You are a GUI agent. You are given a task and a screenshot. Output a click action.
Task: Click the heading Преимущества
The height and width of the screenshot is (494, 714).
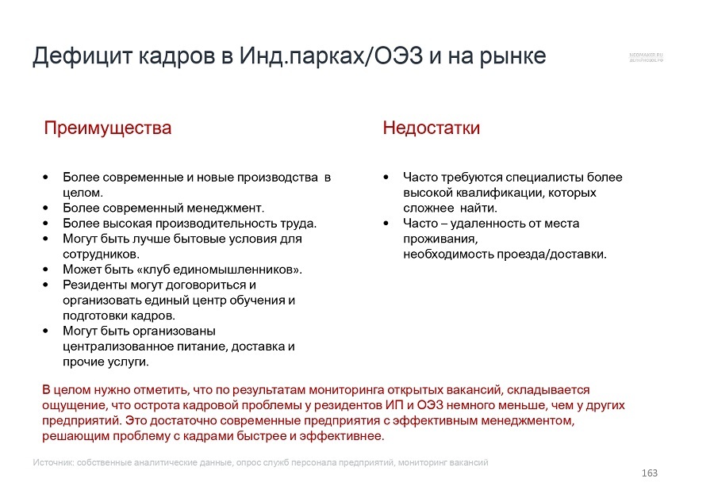pyautogui.click(x=107, y=128)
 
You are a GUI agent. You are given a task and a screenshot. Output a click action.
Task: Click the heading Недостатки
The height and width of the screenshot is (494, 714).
pyautogui.click(x=431, y=128)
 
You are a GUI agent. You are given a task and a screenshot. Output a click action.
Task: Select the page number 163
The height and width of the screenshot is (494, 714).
pyautogui.click(x=650, y=473)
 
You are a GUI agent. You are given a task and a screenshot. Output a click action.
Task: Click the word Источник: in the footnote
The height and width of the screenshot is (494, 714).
pyautogui.click(x=55, y=462)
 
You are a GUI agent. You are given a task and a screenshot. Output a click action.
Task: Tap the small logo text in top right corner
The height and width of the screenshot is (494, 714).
pyautogui.click(x=646, y=58)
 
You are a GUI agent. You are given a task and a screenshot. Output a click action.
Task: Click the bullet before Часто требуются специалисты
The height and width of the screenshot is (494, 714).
pyautogui.click(x=386, y=177)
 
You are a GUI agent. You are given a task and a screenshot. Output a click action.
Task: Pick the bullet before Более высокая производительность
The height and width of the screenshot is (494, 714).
pyautogui.click(x=46, y=224)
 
